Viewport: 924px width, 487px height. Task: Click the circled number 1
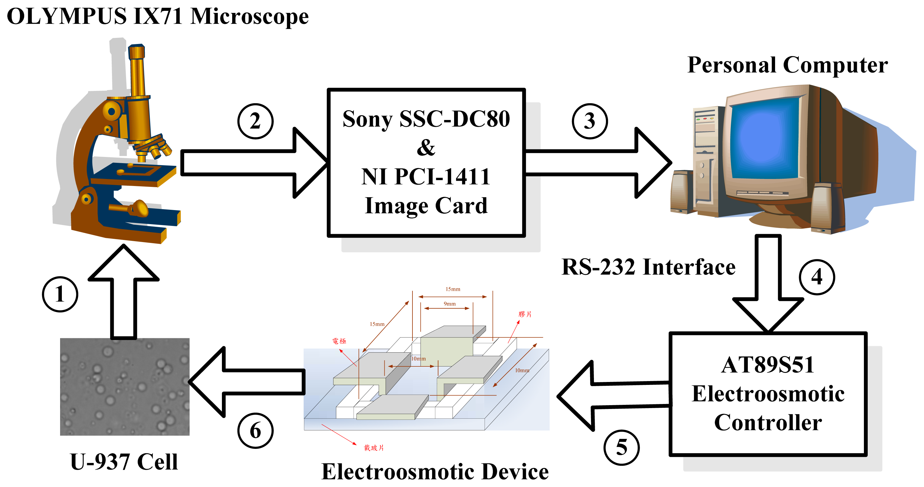pyautogui.click(x=60, y=294)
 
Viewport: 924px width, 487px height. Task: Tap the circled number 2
pyautogui.click(x=255, y=121)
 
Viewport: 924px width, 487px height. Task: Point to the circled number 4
pyautogui.click(x=817, y=277)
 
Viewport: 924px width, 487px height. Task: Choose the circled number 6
pyautogui.click(x=255, y=431)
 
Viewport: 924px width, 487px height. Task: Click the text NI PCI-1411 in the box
pyautogui.click(x=425, y=177)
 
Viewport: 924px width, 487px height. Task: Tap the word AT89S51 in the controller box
pyautogui.click(x=768, y=365)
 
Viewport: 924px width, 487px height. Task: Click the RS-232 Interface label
pyautogui.click(x=648, y=267)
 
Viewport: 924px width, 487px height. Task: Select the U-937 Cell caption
pyautogui.click(x=124, y=462)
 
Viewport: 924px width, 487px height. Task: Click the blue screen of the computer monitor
pyautogui.click(x=764, y=138)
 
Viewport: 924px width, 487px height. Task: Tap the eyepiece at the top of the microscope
pyautogui.click(x=136, y=52)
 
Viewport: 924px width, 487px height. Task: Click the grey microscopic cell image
pyautogui.click(x=125, y=386)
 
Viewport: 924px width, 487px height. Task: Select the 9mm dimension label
pyautogui.click(x=449, y=304)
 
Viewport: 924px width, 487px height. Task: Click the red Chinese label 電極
pyautogui.click(x=339, y=341)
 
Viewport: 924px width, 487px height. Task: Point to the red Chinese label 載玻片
pyautogui.click(x=374, y=447)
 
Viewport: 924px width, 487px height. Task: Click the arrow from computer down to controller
pyautogui.click(x=768, y=283)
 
